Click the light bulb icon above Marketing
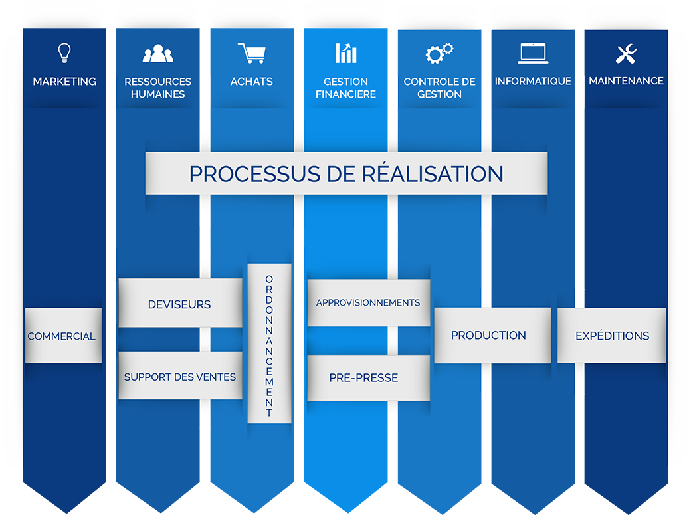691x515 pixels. click(x=64, y=52)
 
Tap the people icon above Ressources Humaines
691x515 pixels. click(x=157, y=53)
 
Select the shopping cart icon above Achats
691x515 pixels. click(x=251, y=53)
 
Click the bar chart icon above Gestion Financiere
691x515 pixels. click(x=345, y=53)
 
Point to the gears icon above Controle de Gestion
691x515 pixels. click(x=439, y=53)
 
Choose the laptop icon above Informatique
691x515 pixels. click(x=533, y=53)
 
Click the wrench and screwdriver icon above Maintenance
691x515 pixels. click(x=626, y=54)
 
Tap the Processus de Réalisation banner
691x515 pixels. click(x=346, y=173)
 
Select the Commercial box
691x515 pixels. click(x=62, y=336)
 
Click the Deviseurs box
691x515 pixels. click(x=179, y=304)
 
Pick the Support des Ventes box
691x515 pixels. click(x=180, y=377)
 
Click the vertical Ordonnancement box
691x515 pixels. click(x=269, y=344)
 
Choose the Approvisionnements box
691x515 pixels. click(x=368, y=302)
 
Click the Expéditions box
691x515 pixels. click(x=612, y=336)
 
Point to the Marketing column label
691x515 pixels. click(x=64, y=81)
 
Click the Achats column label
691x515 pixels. click(x=251, y=81)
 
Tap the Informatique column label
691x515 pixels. click(x=533, y=81)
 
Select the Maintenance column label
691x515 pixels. click(x=626, y=81)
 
